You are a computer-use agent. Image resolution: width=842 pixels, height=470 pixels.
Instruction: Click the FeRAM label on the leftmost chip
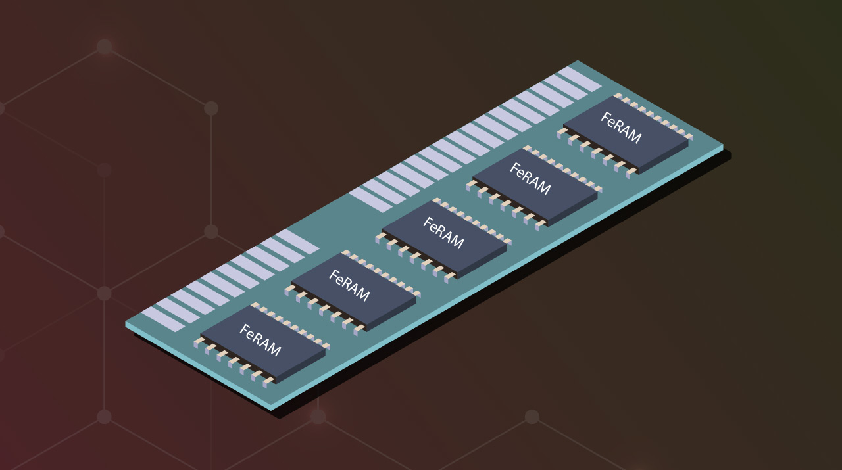(260, 341)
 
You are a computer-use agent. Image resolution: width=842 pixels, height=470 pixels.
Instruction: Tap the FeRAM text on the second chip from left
(349, 286)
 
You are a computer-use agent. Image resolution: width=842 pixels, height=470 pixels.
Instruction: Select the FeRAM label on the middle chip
(443, 233)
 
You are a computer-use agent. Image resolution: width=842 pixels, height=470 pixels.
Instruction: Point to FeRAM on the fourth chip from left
(530, 179)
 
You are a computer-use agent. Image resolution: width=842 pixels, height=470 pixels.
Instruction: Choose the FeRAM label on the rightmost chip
(620, 128)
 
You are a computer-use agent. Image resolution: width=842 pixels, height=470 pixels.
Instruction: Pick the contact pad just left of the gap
(297, 241)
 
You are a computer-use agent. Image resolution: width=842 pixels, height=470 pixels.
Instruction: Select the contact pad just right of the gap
(370, 199)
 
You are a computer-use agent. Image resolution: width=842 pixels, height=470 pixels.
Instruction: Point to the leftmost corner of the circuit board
(126, 323)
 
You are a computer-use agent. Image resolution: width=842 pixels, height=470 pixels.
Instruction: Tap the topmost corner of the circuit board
(577, 61)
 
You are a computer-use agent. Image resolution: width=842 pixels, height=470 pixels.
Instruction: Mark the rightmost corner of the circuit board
(722, 146)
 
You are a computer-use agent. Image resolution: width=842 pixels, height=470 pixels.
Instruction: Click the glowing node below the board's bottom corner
(318, 416)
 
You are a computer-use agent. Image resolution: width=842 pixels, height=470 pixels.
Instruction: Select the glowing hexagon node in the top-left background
(104, 47)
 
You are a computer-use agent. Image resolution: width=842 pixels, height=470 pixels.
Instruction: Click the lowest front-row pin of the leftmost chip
(267, 382)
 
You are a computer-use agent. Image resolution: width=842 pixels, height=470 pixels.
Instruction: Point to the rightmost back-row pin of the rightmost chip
(688, 137)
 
